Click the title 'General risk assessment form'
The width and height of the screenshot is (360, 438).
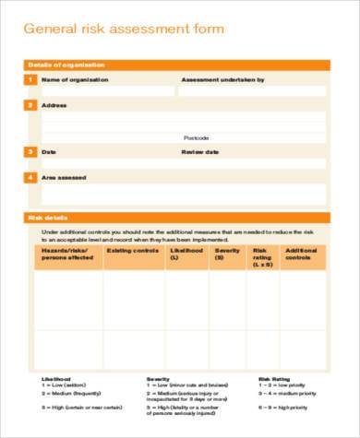pos(123,30)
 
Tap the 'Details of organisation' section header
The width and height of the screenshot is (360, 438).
pos(66,65)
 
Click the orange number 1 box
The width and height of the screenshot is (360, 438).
pos(30,80)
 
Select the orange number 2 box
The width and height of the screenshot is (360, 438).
pos(30,105)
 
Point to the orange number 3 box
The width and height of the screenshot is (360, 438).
pos(30,151)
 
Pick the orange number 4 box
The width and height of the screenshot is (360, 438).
pos(30,176)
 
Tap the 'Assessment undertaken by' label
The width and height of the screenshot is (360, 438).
pos(222,80)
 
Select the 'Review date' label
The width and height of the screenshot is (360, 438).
pos(199,151)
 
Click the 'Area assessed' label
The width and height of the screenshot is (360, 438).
pos(64,176)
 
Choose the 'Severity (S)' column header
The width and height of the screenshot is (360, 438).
pos(227,254)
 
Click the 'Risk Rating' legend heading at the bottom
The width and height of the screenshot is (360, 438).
pos(275,378)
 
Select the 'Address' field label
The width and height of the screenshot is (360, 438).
pos(55,105)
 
